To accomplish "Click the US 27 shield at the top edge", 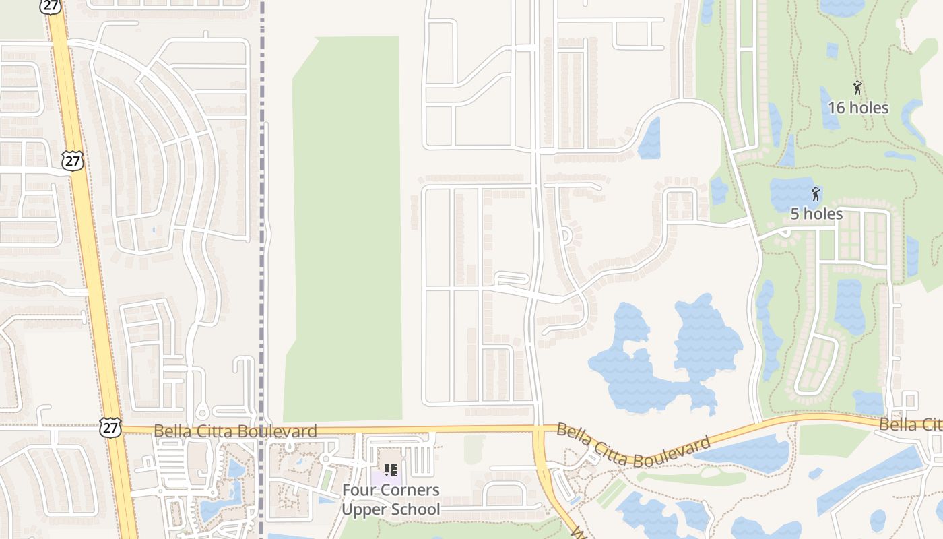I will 51,5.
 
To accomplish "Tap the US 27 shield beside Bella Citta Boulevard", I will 110,426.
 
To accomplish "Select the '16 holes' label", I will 857,108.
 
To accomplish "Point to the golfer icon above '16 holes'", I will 857,88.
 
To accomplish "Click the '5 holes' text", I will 816,214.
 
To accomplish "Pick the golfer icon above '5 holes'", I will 816,195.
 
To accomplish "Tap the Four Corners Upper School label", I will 390,499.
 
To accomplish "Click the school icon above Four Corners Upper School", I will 390,470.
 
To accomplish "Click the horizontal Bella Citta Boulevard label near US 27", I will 235,431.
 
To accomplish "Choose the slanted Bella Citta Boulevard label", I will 633,447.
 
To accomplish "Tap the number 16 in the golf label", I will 836,108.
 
